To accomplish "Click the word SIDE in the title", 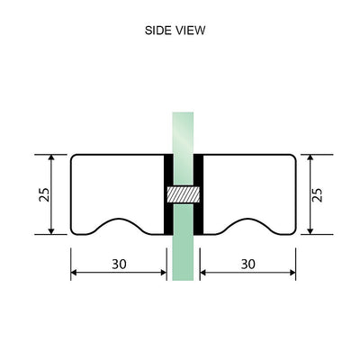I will (158, 30).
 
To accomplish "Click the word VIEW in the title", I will (191, 30).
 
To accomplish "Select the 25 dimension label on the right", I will (317, 194).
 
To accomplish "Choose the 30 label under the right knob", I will (248, 264).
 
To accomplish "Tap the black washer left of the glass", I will (166, 194).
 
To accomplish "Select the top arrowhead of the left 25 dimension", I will (52, 158).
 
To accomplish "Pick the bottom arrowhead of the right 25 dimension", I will (310, 229).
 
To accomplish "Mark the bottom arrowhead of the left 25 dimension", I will (52, 229).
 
